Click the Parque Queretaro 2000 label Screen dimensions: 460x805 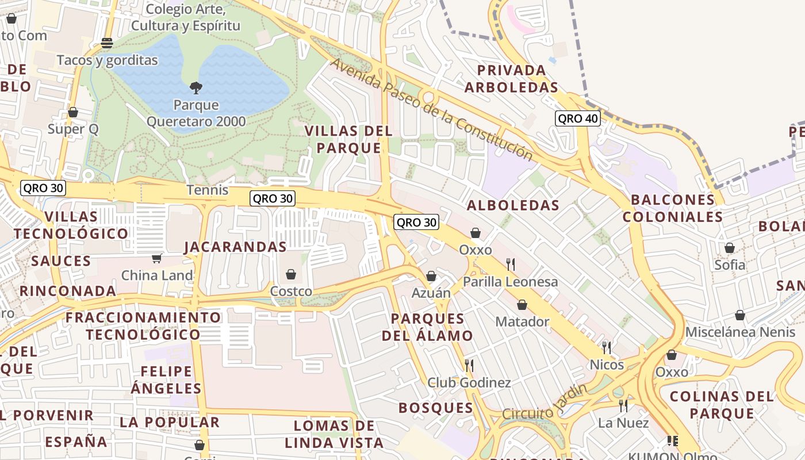[195, 113]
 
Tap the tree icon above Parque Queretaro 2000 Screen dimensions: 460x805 [195, 88]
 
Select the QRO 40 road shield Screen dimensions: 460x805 [577, 118]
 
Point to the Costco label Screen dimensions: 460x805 [291, 292]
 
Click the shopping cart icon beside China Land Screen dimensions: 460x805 [156, 259]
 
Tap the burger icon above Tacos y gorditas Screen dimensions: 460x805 [107, 43]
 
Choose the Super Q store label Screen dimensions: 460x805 [73, 129]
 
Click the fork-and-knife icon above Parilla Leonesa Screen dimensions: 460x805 [510, 264]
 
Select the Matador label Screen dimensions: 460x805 [522, 321]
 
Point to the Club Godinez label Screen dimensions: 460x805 [469, 382]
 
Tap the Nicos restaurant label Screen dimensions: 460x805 [606, 365]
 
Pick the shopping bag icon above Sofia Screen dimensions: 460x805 [729, 248]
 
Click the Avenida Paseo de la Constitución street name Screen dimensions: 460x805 [431, 109]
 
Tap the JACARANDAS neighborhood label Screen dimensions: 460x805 [235, 247]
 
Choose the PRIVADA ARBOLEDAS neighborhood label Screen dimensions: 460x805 [511, 79]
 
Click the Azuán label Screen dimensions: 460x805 [431, 293]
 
